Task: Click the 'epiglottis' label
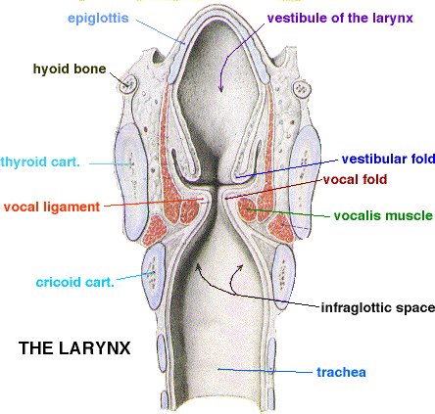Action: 98,19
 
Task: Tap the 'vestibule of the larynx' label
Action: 340,18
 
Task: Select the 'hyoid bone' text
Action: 70,69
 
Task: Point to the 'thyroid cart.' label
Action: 40,161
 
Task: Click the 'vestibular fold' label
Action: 388,159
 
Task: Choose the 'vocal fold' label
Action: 355,179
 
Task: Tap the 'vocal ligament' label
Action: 52,207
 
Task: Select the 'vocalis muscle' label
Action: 383,215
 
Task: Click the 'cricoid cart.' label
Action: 75,282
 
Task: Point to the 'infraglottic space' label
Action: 378,307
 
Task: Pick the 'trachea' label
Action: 341,372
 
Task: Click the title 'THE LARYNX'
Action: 74,348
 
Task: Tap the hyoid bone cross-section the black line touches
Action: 127,84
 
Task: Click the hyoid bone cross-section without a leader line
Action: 302,89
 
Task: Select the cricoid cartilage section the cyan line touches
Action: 154,276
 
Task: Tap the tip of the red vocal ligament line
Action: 203,199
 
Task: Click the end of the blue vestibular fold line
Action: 237,177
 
